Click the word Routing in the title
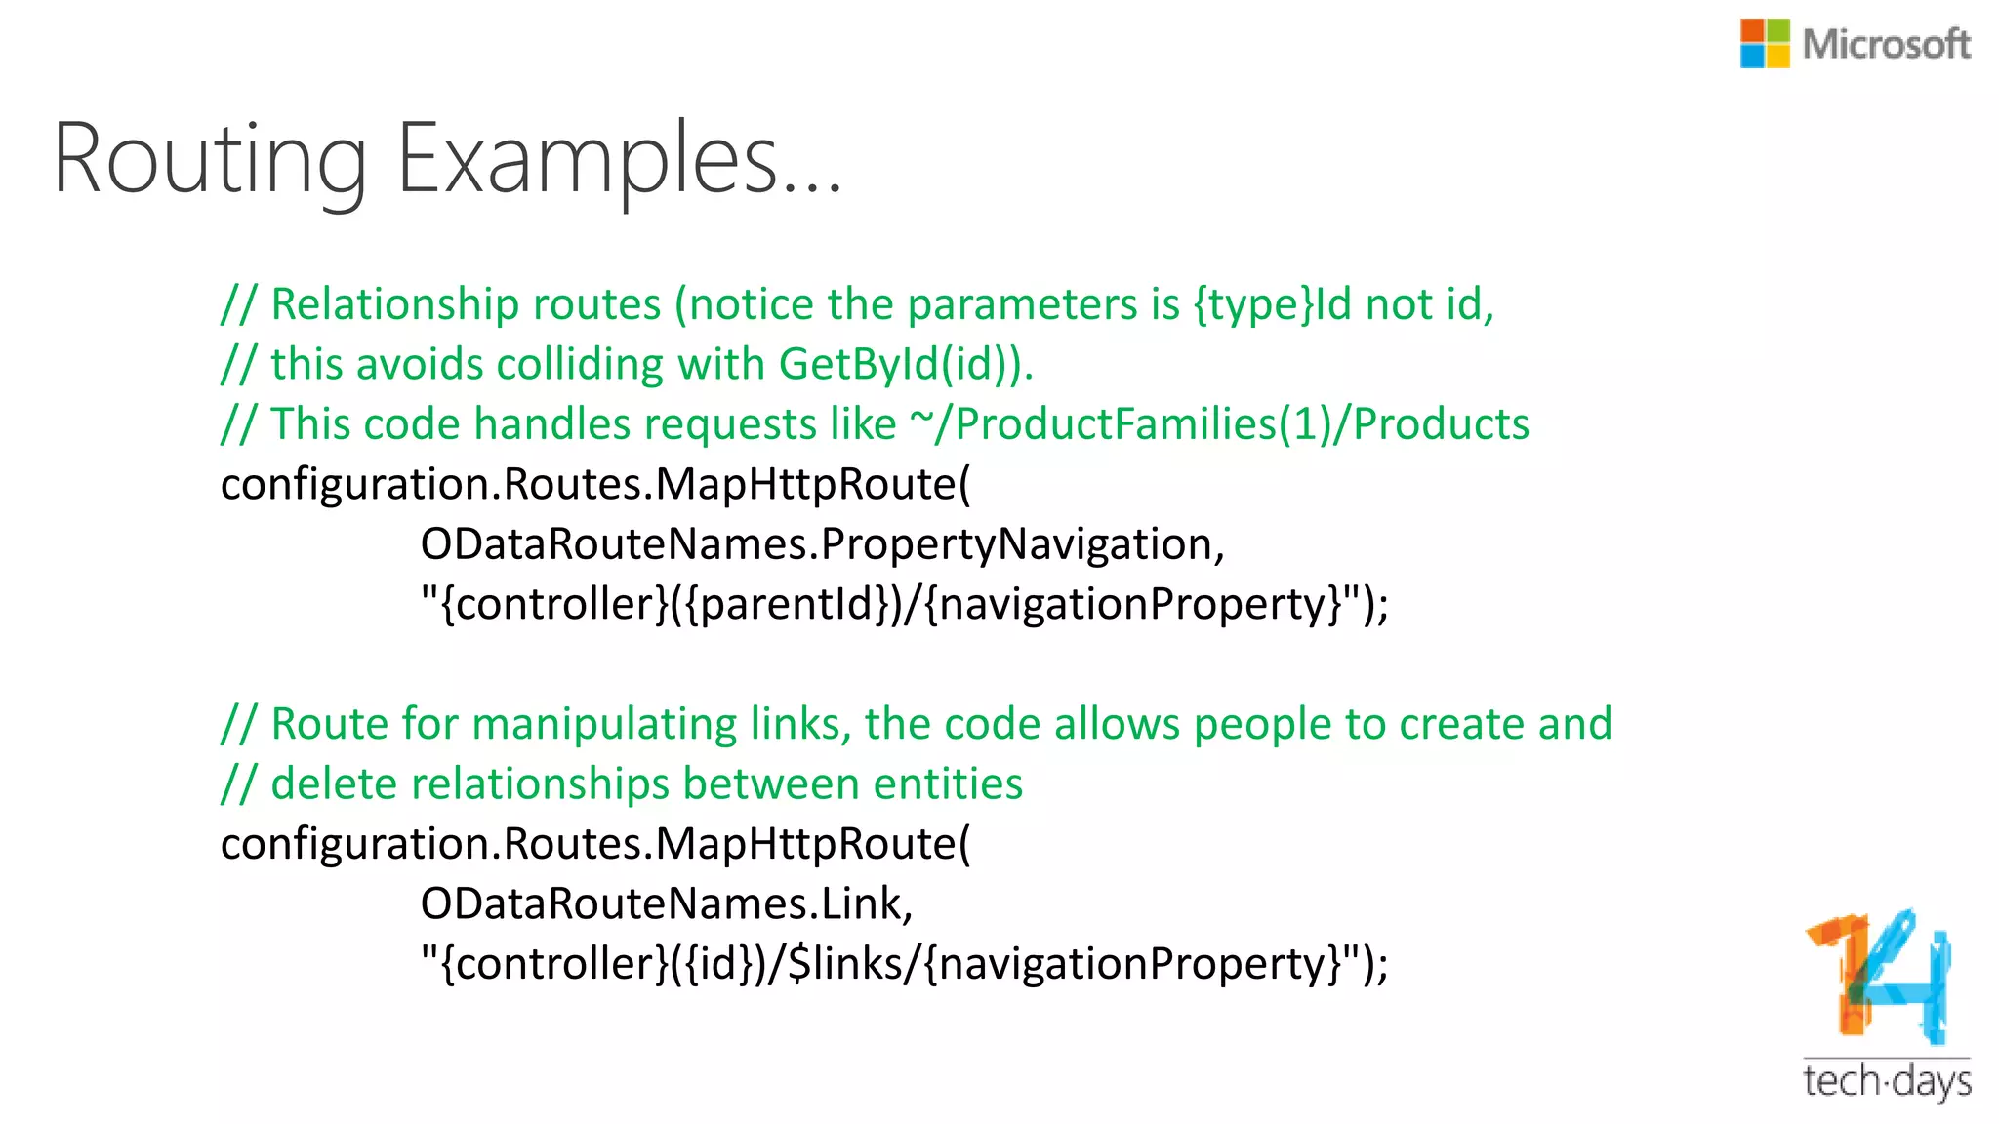210,159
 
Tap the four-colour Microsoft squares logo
1765,44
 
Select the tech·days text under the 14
1886,1081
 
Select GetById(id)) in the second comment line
900,365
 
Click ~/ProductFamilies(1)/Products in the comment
1219,424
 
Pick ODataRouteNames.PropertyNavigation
822,544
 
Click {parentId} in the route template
789,604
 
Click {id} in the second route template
719,964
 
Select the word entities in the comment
948,784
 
